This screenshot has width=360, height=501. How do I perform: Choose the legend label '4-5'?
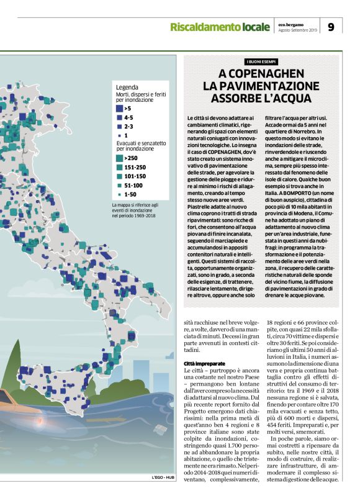click(x=128, y=117)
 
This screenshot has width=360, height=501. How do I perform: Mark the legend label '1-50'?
click(x=130, y=194)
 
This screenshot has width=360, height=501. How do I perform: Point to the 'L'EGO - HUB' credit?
click(x=164, y=494)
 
